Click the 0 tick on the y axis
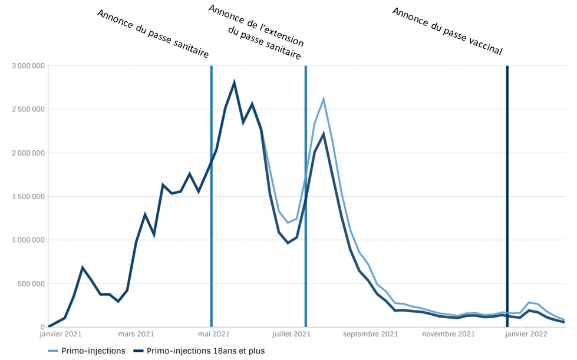pyautogui.click(x=42, y=328)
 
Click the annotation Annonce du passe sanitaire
pyautogui.click(x=152, y=34)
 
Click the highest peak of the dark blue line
pyautogui.click(x=235, y=82)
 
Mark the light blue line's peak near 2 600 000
pyautogui.click(x=324, y=99)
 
